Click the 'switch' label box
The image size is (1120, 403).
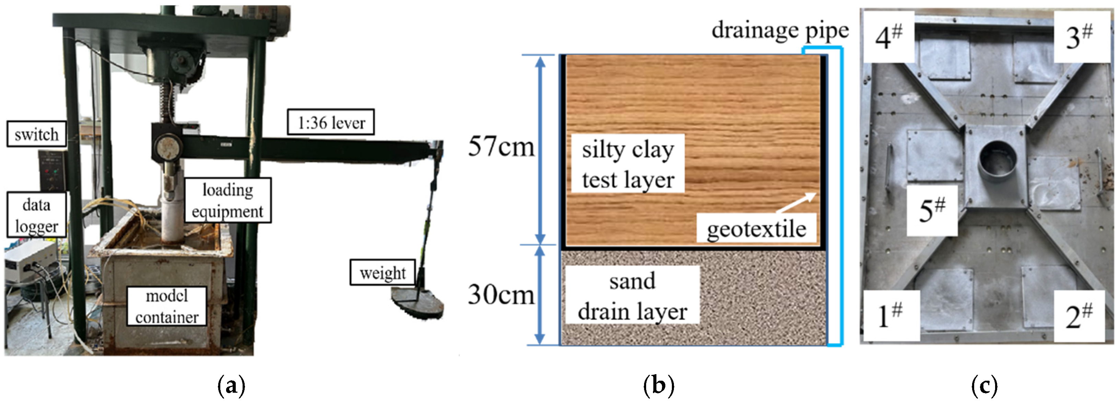(36, 134)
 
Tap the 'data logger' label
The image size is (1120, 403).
(36, 215)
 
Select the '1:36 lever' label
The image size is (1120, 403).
(330, 123)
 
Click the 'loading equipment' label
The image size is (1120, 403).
(227, 200)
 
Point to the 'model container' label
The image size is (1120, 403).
(166, 307)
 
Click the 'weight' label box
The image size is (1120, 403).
(382, 273)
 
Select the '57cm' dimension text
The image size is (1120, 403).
(501, 147)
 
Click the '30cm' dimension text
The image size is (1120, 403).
(501, 295)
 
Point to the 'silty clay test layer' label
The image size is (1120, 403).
(627, 164)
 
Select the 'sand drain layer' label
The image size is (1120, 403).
(632, 296)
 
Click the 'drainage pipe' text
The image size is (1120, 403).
(780, 31)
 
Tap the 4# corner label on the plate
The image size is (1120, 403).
(888, 37)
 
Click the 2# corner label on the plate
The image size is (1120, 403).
(1079, 316)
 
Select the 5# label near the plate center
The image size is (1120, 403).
(932, 210)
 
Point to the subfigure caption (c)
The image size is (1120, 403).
(984, 385)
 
